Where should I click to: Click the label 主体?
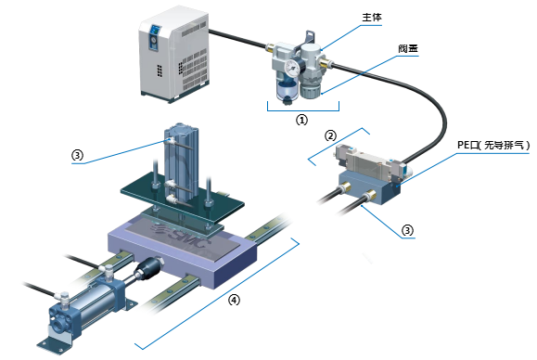tap(372, 17)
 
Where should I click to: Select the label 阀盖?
tap(408, 48)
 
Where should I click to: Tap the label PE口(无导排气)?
tap(493, 146)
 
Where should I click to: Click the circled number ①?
tap(301, 120)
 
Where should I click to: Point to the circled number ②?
tap(330, 136)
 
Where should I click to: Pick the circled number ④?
tap(235, 301)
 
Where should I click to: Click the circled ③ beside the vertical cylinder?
tap(77, 156)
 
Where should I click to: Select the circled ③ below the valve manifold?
tap(407, 230)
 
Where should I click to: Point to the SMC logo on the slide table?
tap(185, 235)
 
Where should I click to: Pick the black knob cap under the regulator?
tap(311, 90)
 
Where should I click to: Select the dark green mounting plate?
tap(183, 195)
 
